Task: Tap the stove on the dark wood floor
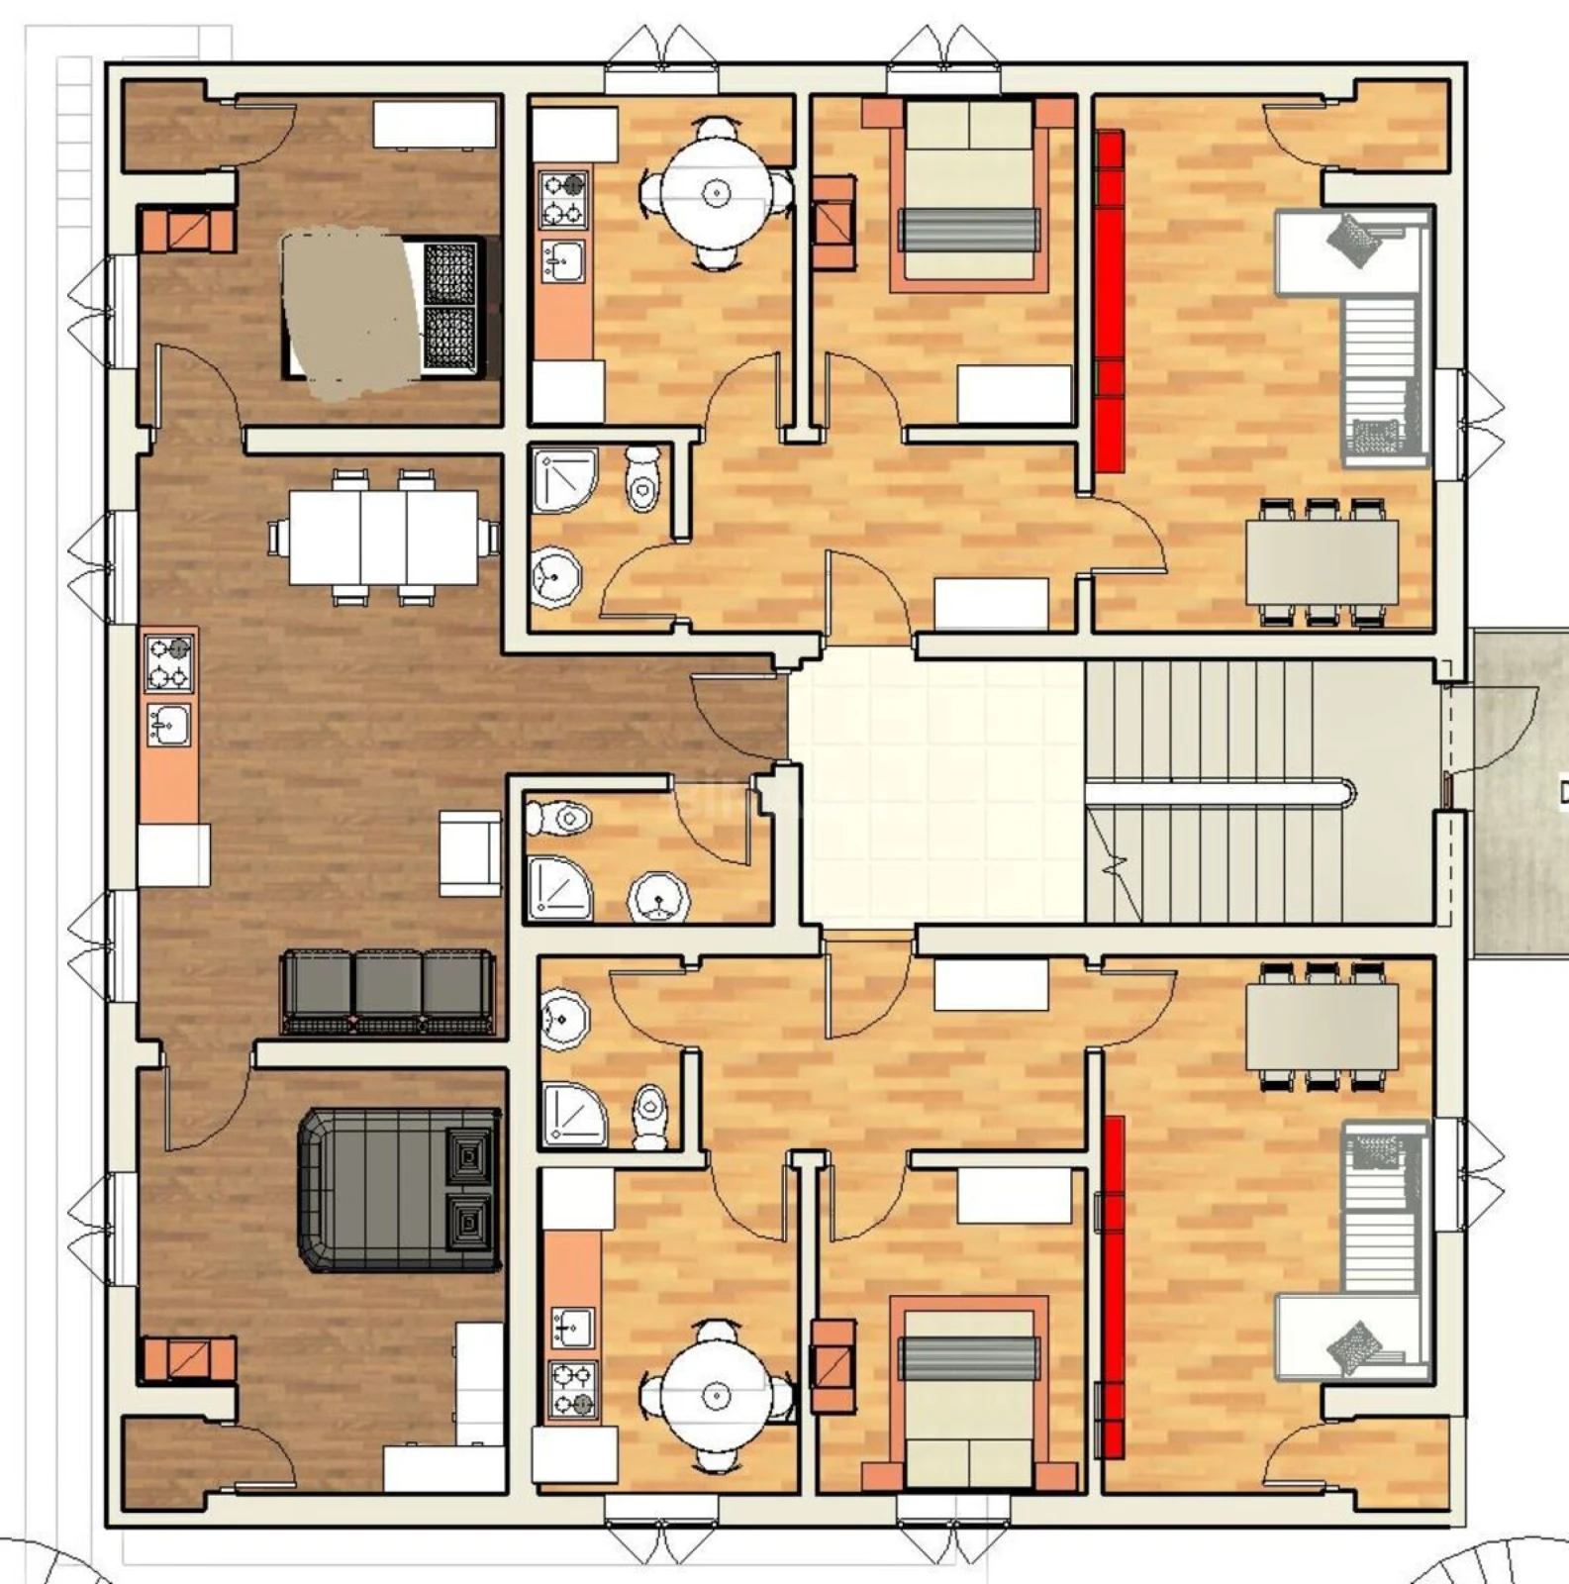[169, 663]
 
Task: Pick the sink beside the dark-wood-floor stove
[169, 724]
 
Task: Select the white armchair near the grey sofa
[469, 853]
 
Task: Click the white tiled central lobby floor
[935, 792]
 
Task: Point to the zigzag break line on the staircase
[1116, 871]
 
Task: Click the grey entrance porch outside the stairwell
[1520, 792]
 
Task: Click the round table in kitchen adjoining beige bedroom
[715, 192]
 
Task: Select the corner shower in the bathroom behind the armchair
[557, 888]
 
